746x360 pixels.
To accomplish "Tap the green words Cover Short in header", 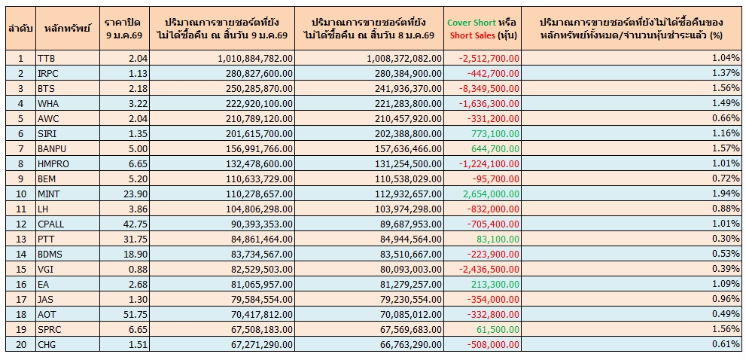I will (x=471, y=23).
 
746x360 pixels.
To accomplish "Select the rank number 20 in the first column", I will (x=20, y=344).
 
